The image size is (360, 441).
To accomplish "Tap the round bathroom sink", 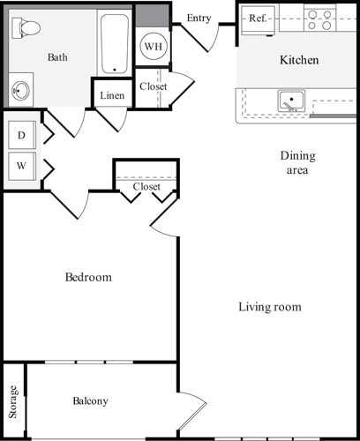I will click(x=22, y=89).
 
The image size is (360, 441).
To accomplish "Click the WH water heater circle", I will click(x=153, y=46).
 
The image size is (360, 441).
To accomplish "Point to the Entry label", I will click(x=199, y=18).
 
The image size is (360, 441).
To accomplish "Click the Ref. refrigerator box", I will click(x=259, y=18).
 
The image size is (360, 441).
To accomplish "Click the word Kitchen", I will click(x=299, y=61).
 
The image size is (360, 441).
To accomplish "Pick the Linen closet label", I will click(x=112, y=95).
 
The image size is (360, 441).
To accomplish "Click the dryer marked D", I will click(x=21, y=135).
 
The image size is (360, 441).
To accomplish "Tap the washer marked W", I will click(x=21, y=164).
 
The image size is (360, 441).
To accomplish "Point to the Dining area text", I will click(x=297, y=163).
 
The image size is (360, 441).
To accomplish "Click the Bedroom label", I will click(x=88, y=278).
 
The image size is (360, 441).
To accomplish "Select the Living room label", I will click(x=270, y=307).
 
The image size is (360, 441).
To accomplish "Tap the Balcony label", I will click(x=90, y=401).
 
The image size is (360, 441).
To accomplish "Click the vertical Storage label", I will click(x=13, y=401).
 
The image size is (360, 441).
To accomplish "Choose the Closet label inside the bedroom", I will click(x=146, y=187).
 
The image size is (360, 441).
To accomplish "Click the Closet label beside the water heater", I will click(x=153, y=86).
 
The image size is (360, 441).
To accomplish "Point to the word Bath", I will click(x=57, y=57).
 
